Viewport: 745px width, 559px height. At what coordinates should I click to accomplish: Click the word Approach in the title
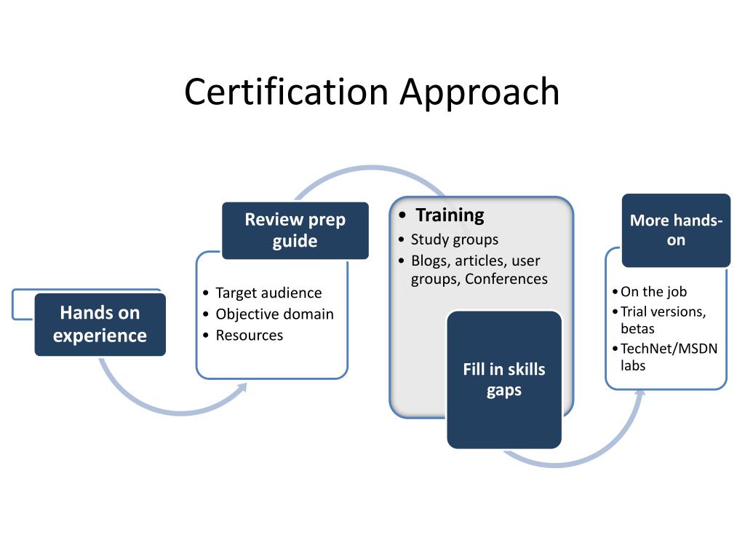[479, 92]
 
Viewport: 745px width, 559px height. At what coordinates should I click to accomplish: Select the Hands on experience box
[100, 324]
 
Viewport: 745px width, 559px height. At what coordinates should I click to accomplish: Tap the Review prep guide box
[295, 230]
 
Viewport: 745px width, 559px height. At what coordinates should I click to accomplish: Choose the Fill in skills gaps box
[503, 379]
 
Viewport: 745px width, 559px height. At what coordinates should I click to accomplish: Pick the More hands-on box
[676, 230]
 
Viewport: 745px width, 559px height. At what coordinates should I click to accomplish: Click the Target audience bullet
[268, 293]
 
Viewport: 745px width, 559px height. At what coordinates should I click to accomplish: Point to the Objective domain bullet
[274, 314]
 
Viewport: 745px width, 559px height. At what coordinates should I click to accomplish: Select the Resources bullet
[249, 335]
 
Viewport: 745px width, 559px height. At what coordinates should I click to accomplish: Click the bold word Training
[450, 215]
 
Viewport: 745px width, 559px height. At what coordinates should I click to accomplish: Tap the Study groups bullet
[454, 239]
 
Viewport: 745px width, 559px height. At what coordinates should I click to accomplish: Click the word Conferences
[506, 279]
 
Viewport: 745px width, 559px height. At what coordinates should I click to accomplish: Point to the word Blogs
[429, 261]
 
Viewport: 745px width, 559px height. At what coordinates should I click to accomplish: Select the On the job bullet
[653, 292]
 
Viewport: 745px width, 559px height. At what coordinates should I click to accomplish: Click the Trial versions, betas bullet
[663, 320]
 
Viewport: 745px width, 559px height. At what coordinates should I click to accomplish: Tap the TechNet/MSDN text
[669, 348]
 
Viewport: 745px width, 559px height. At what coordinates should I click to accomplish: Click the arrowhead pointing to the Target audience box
[243, 387]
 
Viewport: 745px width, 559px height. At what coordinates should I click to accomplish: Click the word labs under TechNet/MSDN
[633, 365]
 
